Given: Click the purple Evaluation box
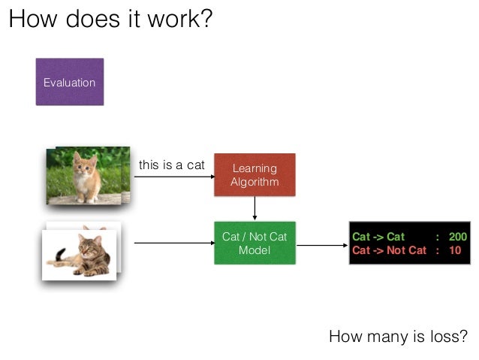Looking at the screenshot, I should (69, 82).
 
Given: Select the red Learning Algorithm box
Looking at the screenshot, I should (255, 175).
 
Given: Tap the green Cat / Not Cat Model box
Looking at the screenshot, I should (255, 243).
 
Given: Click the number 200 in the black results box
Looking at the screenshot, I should (457, 237).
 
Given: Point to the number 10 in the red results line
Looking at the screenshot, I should (454, 250).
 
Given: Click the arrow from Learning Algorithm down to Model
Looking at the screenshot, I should (255, 208).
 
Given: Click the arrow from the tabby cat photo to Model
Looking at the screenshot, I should (173, 243).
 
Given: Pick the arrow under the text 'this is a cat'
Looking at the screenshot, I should (173, 177).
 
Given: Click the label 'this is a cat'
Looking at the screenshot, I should (171, 165).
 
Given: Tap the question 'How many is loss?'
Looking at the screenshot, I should (398, 336).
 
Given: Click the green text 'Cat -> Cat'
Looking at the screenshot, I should (378, 237).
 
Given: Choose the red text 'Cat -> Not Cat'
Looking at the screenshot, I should (389, 250).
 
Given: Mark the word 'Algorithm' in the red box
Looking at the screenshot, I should (255, 182).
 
